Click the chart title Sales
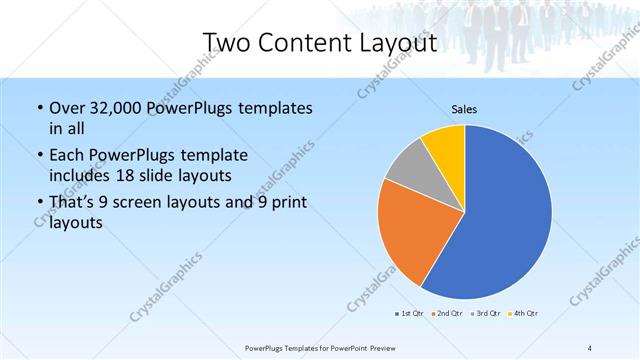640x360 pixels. (x=463, y=107)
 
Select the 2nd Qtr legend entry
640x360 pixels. (x=446, y=314)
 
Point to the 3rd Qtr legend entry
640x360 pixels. (x=485, y=314)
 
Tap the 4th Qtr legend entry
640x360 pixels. (x=524, y=314)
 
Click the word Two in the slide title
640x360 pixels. (x=226, y=43)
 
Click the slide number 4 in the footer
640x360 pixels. (x=590, y=347)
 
